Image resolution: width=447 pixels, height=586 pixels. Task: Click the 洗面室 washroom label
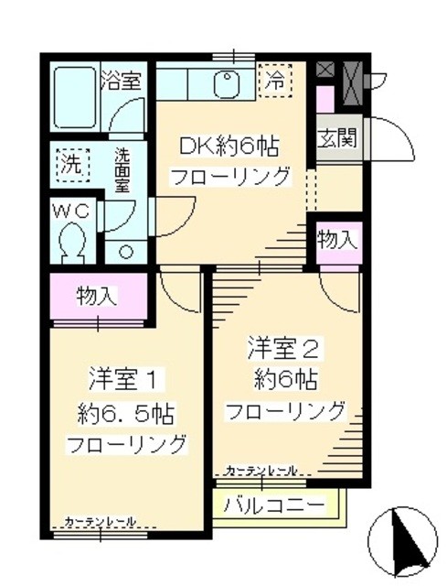coord(122,169)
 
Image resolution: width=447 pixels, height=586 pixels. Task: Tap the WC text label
coord(69,211)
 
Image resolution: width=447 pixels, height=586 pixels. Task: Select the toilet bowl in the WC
coord(71,244)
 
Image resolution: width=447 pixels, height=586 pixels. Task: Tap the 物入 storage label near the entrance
coord(336,240)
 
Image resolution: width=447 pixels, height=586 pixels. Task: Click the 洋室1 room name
coord(125,376)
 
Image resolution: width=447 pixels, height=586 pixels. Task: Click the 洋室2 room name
coord(283,347)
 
